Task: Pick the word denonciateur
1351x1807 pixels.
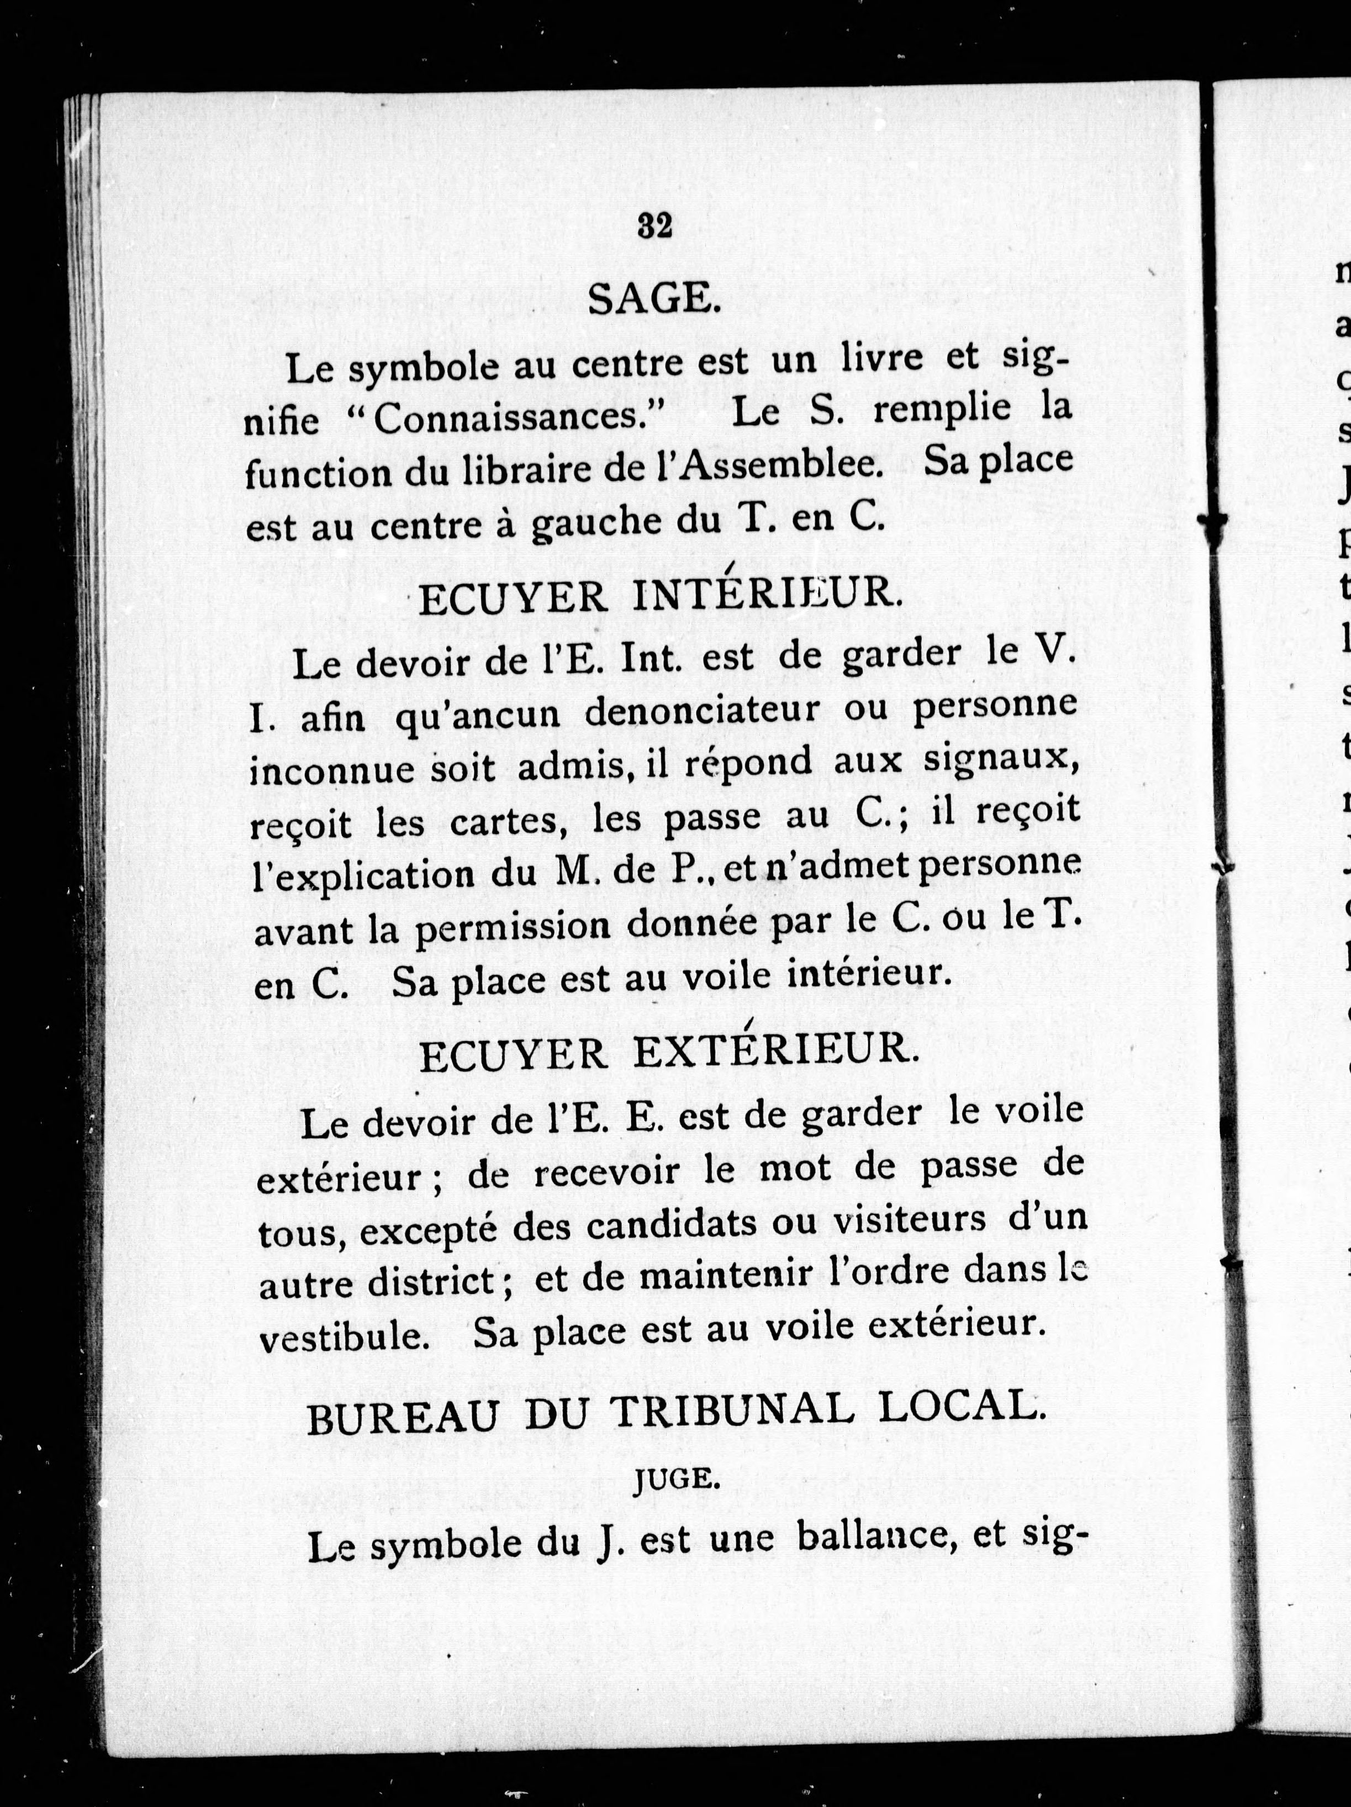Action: (x=703, y=710)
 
